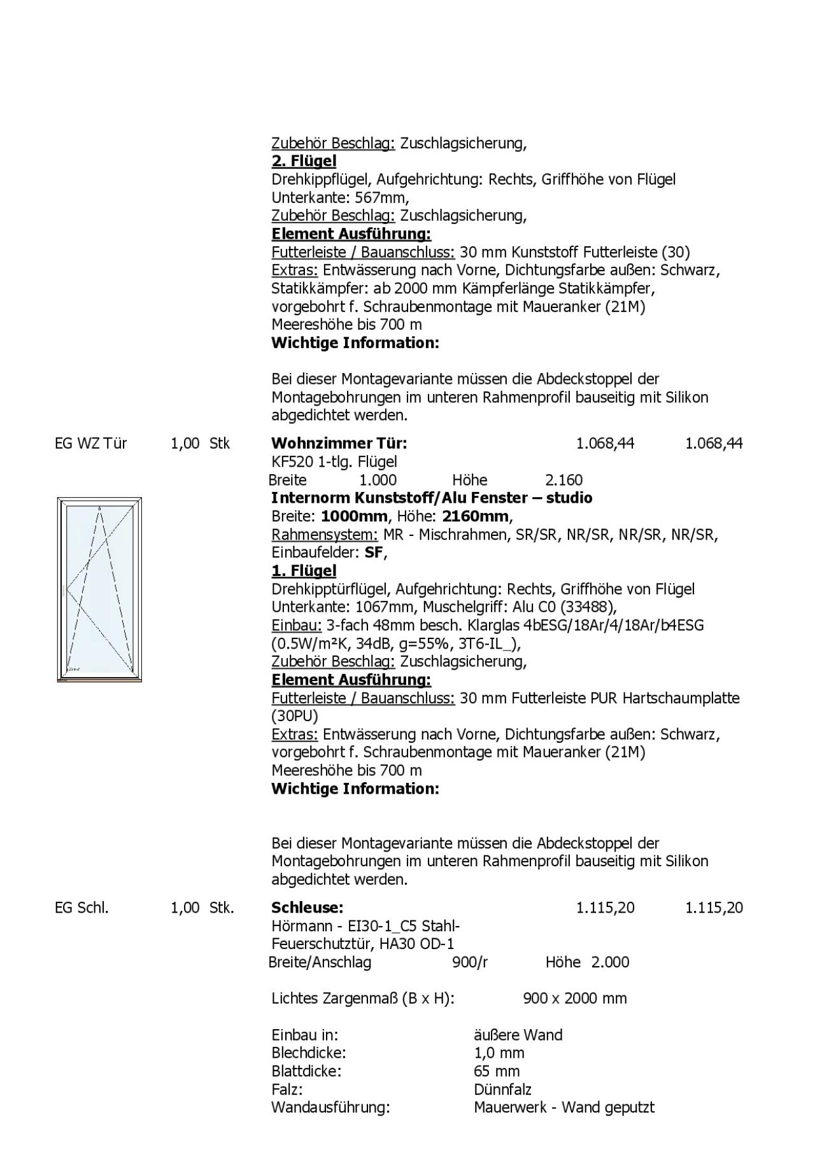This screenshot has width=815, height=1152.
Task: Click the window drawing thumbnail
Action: click(x=99, y=589)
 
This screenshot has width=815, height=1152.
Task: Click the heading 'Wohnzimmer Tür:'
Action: click(x=339, y=443)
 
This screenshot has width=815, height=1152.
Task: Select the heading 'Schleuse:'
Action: click(x=307, y=907)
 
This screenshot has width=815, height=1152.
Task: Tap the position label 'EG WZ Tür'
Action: click(x=90, y=443)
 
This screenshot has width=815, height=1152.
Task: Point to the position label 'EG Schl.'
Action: click(x=81, y=907)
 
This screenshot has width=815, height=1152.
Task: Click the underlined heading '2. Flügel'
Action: click(x=304, y=161)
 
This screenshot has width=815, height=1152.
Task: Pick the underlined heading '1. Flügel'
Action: click(x=304, y=570)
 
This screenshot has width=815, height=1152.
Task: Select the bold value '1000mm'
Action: click(x=354, y=516)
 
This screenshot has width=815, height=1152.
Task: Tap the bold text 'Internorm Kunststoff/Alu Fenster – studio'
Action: click(x=432, y=498)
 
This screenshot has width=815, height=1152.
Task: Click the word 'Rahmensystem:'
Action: click(x=325, y=534)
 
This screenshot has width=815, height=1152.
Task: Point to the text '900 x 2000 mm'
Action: click(x=574, y=998)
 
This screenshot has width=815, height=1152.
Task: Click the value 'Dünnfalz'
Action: click(x=502, y=1089)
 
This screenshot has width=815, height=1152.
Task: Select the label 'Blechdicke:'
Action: click(x=308, y=1053)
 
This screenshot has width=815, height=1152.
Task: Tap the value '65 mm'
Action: click(x=497, y=1071)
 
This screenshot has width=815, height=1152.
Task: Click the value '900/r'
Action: click(x=470, y=962)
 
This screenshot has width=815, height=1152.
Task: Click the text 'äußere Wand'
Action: click(x=518, y=1034)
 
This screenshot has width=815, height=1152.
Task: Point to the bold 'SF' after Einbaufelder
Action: click(x=374, y=552)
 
